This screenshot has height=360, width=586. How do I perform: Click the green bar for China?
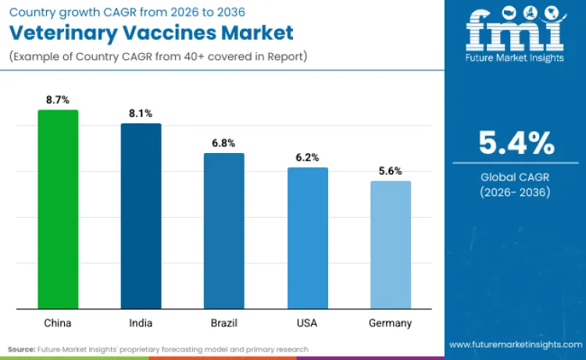pos(58,209)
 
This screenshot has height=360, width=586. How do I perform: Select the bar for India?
pos(141,216)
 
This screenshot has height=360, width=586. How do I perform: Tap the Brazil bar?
pos(223,231)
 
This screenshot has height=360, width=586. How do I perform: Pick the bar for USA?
pos(307,238)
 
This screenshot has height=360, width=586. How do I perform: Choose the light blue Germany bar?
pos(390,245)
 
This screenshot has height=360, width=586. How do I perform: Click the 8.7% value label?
pos(58,100)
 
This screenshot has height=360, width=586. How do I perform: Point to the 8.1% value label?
pos(141,114)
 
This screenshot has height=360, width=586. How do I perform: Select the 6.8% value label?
pos(223,143)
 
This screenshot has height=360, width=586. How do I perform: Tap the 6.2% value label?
pos(307,158)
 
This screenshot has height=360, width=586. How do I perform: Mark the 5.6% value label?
pos(390,171)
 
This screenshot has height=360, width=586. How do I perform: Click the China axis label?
pos(58,323)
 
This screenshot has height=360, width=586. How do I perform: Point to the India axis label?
pos(141,323)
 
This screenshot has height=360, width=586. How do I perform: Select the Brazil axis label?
pos(223,323)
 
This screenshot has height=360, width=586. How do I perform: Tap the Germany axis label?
pos(390,323)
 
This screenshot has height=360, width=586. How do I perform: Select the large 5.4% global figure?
pos(516,144)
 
